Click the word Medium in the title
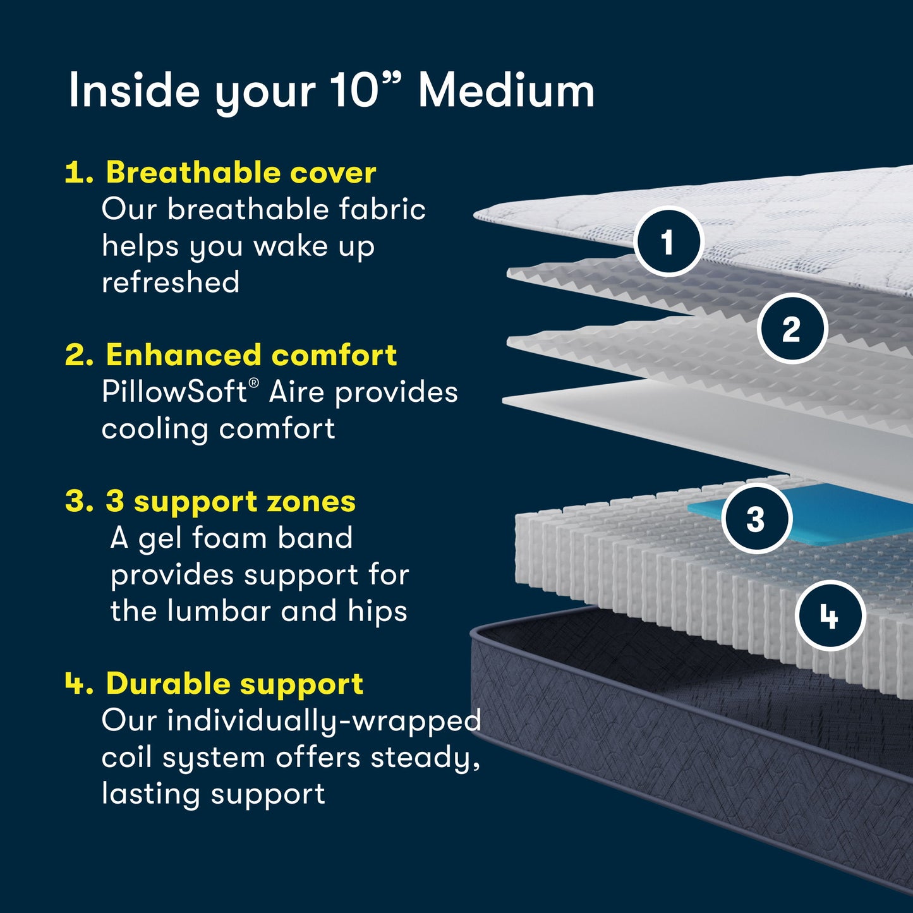(506, 91)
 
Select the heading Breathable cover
(241, 172)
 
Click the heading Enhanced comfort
(251, 355)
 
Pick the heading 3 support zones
(230, 502)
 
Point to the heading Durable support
(234, 684)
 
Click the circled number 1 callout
(668, 242)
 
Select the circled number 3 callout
(756, 519)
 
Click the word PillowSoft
(174, 392)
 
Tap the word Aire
(297, 392)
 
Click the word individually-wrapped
(323, 721)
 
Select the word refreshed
(171, 282)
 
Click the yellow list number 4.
(78, 684)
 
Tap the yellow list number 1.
(78, 172)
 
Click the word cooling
(155, 429)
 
